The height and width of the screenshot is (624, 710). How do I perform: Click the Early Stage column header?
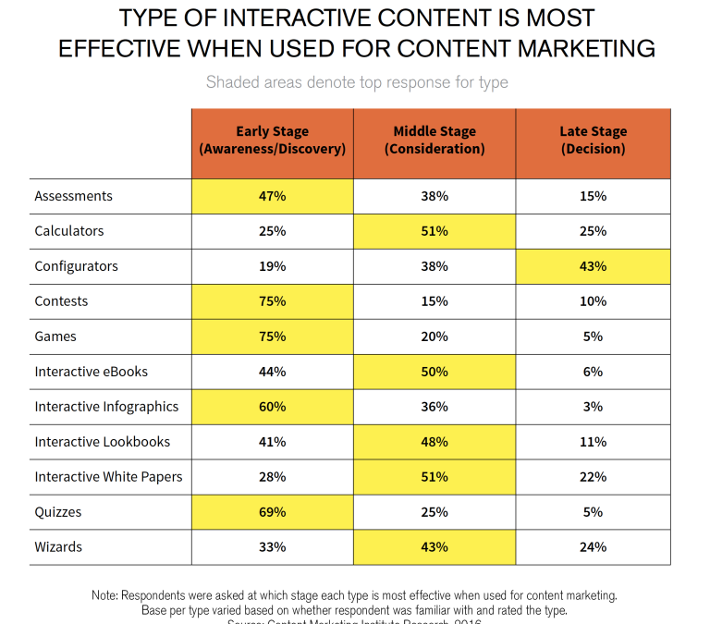(x=272, y=141)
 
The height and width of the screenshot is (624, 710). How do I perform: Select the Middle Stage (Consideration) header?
(x=434, y=141)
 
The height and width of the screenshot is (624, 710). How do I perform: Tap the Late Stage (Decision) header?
(x=593, y=141)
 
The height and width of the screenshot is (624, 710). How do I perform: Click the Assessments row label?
(x=74, y=196)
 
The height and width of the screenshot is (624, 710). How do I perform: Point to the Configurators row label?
(x=78, y=266)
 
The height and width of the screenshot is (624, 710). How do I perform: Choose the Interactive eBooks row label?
(x=92, y=372)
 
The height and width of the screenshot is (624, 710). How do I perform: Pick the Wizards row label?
(x=58, y=546)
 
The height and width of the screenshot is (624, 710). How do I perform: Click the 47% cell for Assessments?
(x=272, y=196)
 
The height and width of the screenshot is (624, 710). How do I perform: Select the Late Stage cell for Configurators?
(x=593, y=266)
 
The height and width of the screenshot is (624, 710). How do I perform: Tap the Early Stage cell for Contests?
(x=272, y=301)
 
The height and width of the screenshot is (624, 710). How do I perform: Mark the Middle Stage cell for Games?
(x=434, y=336)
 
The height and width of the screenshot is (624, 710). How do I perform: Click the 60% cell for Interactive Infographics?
(x=272, y=407)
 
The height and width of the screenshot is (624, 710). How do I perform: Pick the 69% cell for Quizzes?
(x=272, y=511)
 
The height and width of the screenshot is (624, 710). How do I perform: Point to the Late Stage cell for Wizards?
(x=593, y=546)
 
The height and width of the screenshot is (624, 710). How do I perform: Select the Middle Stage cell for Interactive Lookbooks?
(x=434, y=442)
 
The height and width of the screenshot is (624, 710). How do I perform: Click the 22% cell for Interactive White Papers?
(x=593, y=477)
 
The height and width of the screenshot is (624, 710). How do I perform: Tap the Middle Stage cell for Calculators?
(x=434, y=231)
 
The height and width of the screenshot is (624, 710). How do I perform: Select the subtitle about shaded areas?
(x=356, y=82)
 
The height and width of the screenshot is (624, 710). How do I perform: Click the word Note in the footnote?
(x=107, y=595)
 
